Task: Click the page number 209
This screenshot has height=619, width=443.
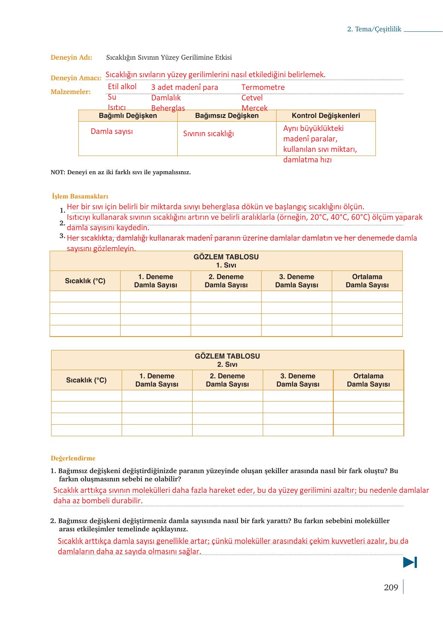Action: [x=391, y=587]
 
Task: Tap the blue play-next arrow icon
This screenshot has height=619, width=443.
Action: [x=410, y=562]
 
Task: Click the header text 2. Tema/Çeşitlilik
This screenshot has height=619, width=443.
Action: [x=374, y=29]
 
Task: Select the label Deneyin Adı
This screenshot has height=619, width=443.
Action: [x=71, y=57]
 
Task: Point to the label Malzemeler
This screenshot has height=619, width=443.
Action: [x=71, y=92]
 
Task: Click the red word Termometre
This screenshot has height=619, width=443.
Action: [x=263, y=87]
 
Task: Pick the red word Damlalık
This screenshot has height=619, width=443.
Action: [x=166, y=98]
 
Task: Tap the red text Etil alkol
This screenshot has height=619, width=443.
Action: [x=122, y=87]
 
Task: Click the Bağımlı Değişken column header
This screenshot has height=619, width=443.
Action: [x=128, y=116]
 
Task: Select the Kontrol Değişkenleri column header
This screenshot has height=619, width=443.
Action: [x=326, y=116]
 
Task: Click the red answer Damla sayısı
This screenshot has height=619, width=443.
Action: [x=112, y=131]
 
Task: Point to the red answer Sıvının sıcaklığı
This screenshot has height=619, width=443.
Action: [x=208, y=134]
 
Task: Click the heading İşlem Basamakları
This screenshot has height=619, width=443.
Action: [x=80, y=196]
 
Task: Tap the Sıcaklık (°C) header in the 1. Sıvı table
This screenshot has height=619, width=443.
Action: [x=85, y=281]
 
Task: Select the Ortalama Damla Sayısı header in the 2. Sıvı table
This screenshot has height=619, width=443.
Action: [x=368, y=380]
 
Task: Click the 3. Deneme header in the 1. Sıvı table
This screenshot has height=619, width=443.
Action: [x=297, y=281]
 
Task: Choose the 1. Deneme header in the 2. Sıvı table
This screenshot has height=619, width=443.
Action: [x=157, y=380]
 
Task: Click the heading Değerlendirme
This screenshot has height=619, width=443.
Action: [x=73, y=458]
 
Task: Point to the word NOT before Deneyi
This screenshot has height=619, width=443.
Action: [x=57, y=172]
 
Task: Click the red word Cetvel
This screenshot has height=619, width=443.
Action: [x=252, y=98]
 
